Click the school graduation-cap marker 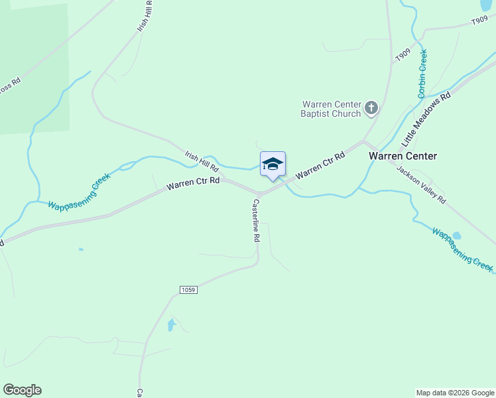[273, 164]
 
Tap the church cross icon [371, 107]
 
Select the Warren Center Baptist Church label [332, 109]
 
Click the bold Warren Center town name [403, 156]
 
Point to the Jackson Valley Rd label [422, 184]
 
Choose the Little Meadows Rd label [426, 119]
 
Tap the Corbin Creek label [422, 74]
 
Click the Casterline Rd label [255, 221]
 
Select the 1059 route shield [188, 290]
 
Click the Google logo [22, 390]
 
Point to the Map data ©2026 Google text [454, 393]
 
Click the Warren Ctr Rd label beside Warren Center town [321, 165]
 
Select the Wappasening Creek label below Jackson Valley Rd [462, 249]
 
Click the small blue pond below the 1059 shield [171, 325]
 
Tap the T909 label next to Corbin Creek [403, 55]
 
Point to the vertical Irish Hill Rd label [145, 15]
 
